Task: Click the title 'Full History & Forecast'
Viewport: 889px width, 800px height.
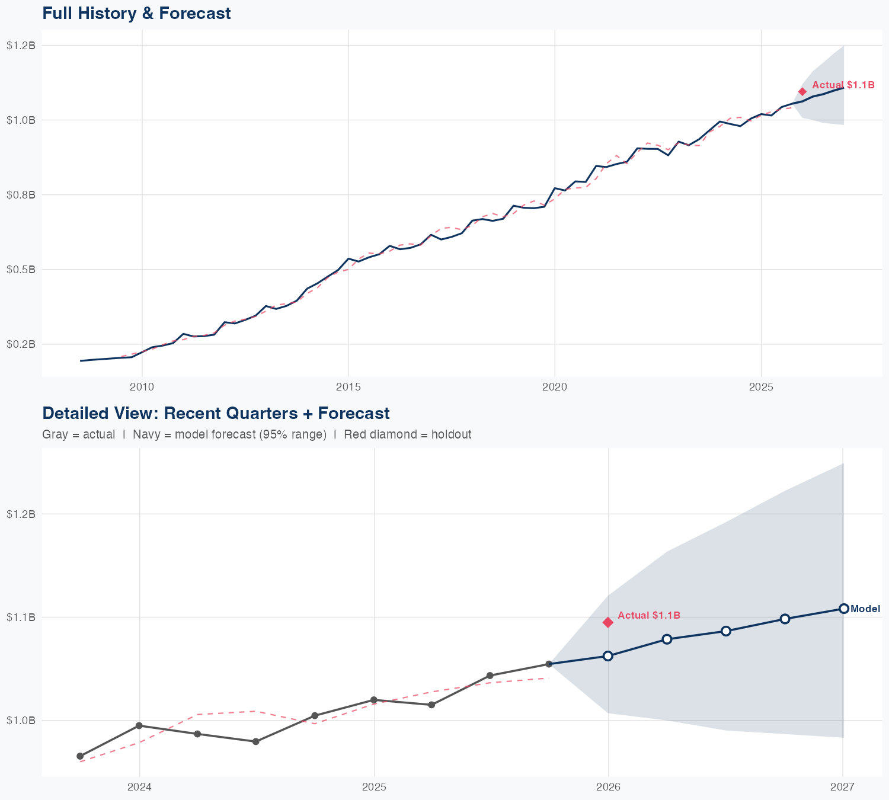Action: [136, 13]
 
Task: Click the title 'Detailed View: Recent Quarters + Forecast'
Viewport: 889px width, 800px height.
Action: [216, 413]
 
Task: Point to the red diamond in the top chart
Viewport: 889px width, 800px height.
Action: [802, 91]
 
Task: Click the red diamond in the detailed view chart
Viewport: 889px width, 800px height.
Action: [608, 622]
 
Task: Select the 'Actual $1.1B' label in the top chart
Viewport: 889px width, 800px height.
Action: [843, 85]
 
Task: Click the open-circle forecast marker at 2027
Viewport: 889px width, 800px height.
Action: [843, 609]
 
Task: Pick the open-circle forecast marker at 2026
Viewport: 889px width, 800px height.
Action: [608, 655]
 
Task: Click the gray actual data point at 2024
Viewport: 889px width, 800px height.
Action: [139, 725]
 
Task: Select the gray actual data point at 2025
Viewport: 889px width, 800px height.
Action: [374, 700]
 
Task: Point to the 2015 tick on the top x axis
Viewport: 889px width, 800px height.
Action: [348, 387]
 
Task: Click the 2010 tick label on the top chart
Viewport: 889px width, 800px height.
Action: [142, 387]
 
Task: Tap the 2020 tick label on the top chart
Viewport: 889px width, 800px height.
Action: [555, 387]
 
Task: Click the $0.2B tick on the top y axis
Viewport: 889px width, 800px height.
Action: [21, 344]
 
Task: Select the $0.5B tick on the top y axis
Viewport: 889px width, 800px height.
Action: [21, 270]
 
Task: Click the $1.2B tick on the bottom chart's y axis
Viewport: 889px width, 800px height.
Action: [21, 514]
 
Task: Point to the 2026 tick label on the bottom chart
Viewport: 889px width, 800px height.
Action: [608, 787]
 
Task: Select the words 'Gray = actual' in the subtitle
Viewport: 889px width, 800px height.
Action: [79, 434]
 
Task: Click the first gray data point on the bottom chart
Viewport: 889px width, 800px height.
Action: [80, 756]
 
